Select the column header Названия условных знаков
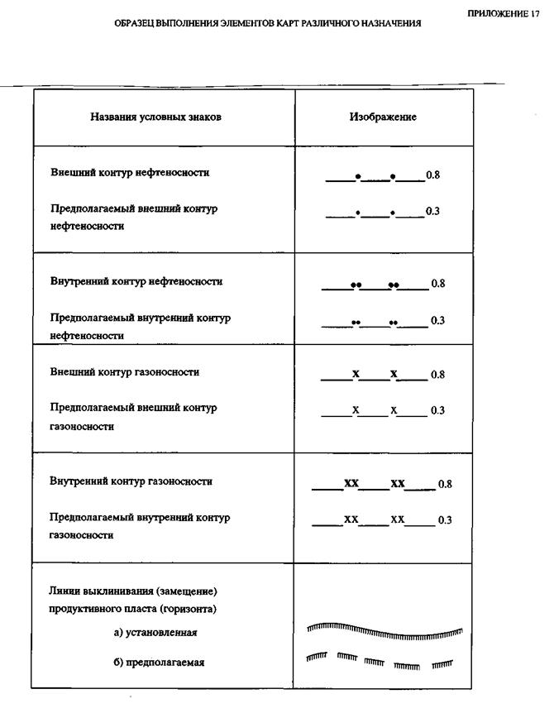click(x=155, y=117)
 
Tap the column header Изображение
click(x=383, y=117)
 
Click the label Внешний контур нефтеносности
click(x=130, y=173)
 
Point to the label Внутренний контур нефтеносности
click(x=136, y=281)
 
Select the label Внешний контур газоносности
click(x=125, y=372)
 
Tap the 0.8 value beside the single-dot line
click(x=432, y=175)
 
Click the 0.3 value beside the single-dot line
click(x=432, y=212)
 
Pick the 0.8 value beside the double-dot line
click(x=438, y=284)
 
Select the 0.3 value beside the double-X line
click(x=445, y=519)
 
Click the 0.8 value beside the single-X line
click(x=438, y=374)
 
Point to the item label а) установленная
click(x=155, y=632)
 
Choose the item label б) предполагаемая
click(x=159, y=663)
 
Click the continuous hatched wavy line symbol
click(x=384, y=632)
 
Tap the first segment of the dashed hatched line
click(x=317, y=657)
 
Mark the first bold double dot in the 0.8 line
click(x=356, y=285)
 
